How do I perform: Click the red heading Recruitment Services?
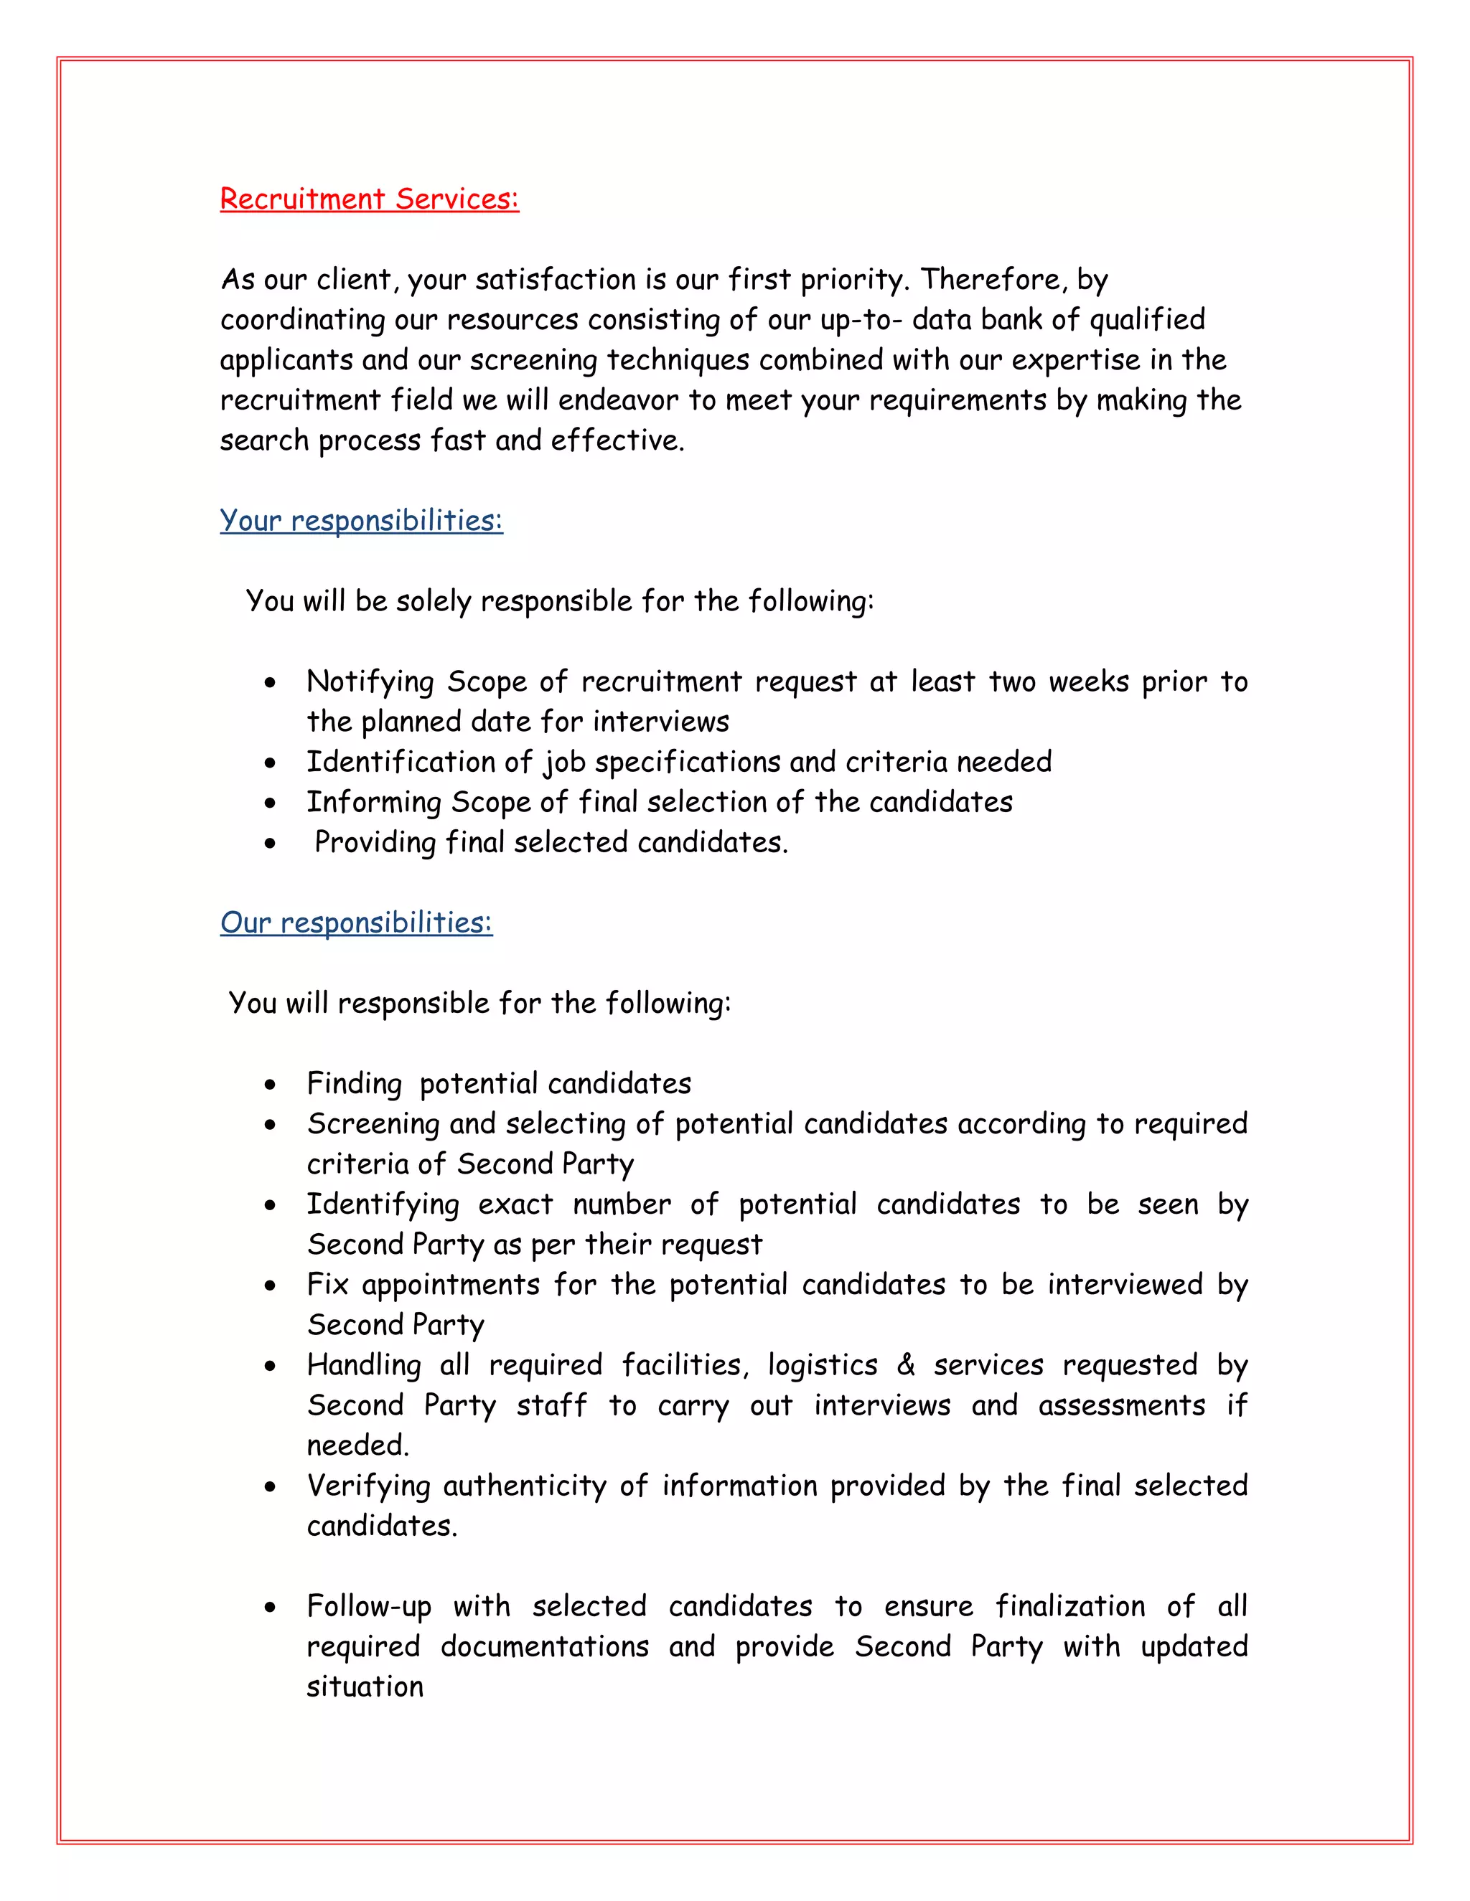369,199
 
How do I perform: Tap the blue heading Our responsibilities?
355,923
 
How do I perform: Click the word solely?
433,600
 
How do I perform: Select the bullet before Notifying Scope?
271,682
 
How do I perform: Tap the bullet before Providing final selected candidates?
271,844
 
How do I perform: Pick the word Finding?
354,1084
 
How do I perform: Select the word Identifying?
383,1204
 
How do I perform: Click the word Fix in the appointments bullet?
327,1285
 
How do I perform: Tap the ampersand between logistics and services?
905,1365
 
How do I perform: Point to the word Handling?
363,1365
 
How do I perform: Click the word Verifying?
367,1486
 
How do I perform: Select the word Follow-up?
368,1606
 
